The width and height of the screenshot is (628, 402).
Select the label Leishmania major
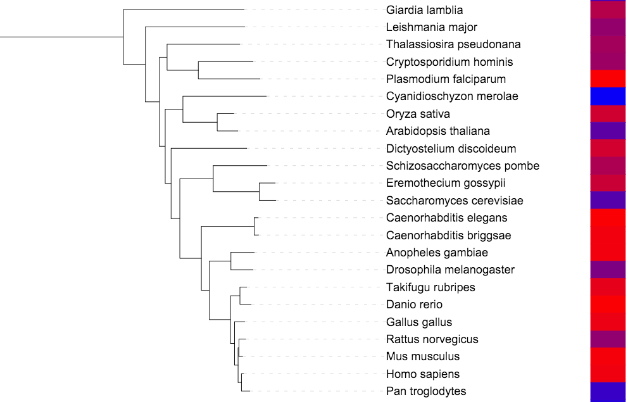431,27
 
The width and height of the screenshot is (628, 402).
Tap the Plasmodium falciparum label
446,79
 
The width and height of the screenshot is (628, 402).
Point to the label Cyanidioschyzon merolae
452,96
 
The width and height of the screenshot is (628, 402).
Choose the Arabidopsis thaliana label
438,131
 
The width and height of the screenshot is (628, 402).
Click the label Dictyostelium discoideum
451,149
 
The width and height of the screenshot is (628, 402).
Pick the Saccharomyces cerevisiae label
455,201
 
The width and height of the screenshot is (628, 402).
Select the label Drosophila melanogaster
450,270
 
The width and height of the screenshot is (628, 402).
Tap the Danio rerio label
414,305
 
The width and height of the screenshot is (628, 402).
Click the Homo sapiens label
423,374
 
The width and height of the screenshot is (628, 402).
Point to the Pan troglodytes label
426,391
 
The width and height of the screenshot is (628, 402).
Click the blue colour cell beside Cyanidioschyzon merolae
608,96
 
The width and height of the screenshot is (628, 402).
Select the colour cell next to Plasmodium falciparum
608,79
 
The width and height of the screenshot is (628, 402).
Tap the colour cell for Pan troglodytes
608,391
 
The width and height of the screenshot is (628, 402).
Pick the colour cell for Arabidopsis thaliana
608,131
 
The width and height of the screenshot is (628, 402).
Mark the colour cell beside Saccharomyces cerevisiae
608,201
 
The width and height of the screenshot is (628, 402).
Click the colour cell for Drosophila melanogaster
608,270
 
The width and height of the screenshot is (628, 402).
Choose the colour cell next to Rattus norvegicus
608,339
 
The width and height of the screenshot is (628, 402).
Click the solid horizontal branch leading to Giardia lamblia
184,9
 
